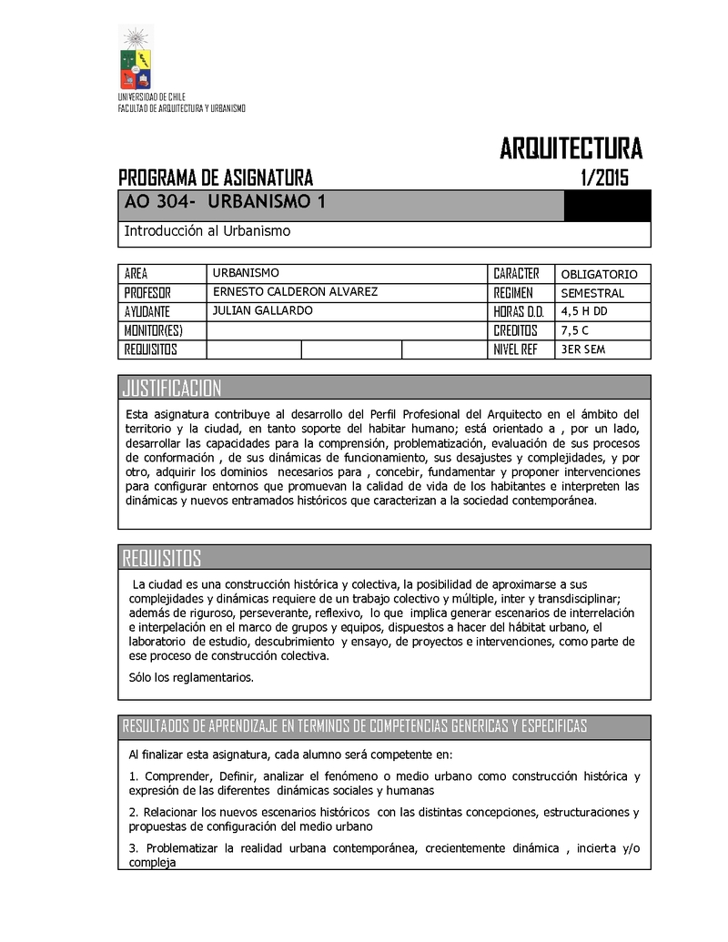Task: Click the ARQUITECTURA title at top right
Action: [x=571, y=147]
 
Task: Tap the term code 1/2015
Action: [x=603, y=177]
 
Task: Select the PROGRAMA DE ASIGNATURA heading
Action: [x=216, y=177]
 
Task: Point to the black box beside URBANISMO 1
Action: [x=607, y=205]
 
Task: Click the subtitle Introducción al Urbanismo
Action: [x=207, y=231]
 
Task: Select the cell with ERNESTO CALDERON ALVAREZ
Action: [x=294, y=292]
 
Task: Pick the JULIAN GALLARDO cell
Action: [x=262, y=311]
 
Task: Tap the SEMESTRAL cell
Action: [x=592, y=293]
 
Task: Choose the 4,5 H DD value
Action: [x=591, y=312]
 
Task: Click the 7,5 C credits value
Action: [x=581, y=330]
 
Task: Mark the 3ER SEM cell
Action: [x=583, y=349]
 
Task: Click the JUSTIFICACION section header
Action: [x=172, y=389]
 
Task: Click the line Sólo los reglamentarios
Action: [x=192, y=677]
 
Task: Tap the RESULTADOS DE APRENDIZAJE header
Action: [x=355, y=725]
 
